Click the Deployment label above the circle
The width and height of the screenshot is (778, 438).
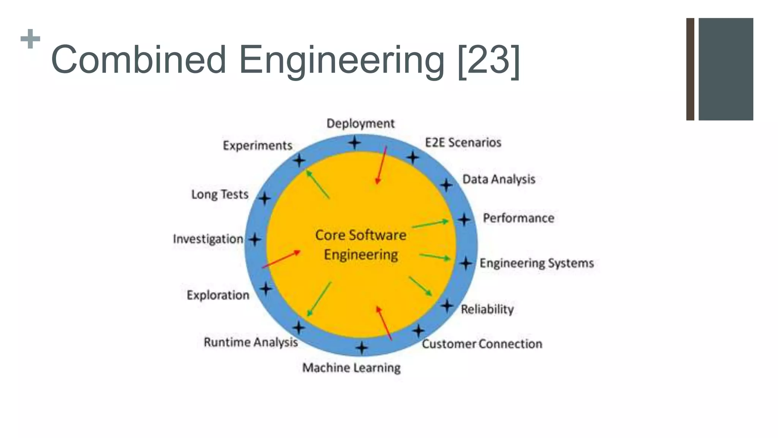coord(361,124)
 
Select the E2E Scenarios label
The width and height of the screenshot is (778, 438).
coord(463,143)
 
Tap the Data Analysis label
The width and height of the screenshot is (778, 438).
coord(498,179)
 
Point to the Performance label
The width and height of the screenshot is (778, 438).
coord(518,218)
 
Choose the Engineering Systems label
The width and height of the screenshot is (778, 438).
coord(536,263)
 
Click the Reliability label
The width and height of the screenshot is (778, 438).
coord(487,309)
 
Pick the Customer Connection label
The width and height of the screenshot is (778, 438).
coord(482,344)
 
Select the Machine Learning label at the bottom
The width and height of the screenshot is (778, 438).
coord(351,368)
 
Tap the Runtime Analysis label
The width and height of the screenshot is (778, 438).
coord(251,342)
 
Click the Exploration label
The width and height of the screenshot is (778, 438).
coord(218,295)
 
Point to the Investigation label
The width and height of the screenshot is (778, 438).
coord(208,239)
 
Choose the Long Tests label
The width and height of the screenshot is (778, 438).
coord(220,194)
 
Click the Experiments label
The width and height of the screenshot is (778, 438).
coord(258,145)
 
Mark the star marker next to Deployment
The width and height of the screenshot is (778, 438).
coord(354,143)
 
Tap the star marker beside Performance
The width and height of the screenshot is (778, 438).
coord(464,219)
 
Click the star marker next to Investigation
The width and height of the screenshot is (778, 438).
coord(255,240)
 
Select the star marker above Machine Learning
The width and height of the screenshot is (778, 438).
coord(362,348)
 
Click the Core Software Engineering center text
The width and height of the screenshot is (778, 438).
coord(361,245)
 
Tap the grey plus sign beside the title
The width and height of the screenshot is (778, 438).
coord(30,39)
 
